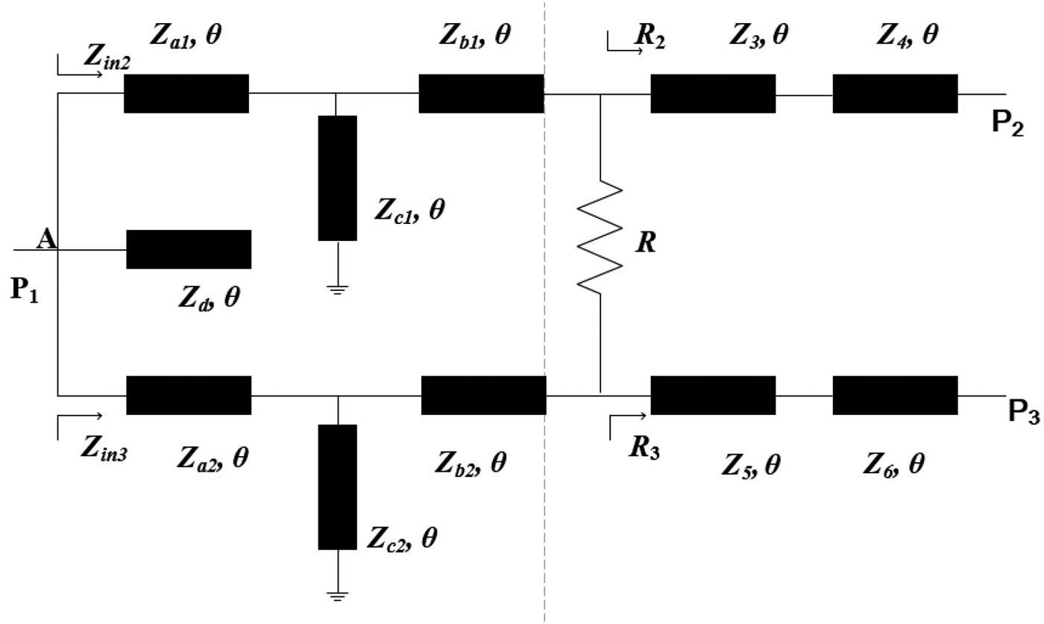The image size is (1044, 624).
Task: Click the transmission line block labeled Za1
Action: point(186,93)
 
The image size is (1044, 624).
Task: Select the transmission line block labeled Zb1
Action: point(481,93)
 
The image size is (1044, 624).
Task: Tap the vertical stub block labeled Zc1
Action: point(337,178)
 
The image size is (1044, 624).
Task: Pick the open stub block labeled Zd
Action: point(189,249)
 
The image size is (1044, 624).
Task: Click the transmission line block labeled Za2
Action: point(189,395)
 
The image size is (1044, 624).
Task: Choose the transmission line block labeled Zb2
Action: point(484,395)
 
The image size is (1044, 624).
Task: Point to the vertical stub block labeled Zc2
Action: point(338,486)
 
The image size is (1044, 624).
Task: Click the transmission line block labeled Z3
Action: point(713,93)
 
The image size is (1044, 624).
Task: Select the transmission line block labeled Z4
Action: point(895,93)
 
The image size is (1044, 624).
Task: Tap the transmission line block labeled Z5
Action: point(713,395)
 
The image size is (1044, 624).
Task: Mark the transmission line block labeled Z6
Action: point(895,395)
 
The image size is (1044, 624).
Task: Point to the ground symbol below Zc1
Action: point(338,290)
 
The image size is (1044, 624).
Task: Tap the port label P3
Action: point(1024,412)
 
